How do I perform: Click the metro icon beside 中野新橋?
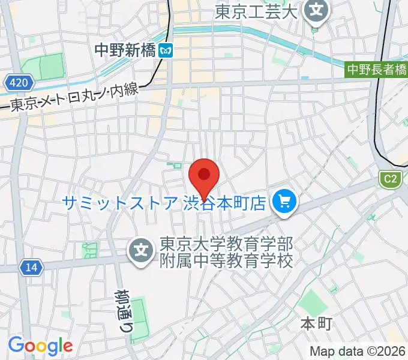coord(166,51)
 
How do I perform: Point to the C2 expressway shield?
coord(390,178)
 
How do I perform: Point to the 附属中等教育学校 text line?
coord(226,262)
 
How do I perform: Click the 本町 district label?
coord(316,325)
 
